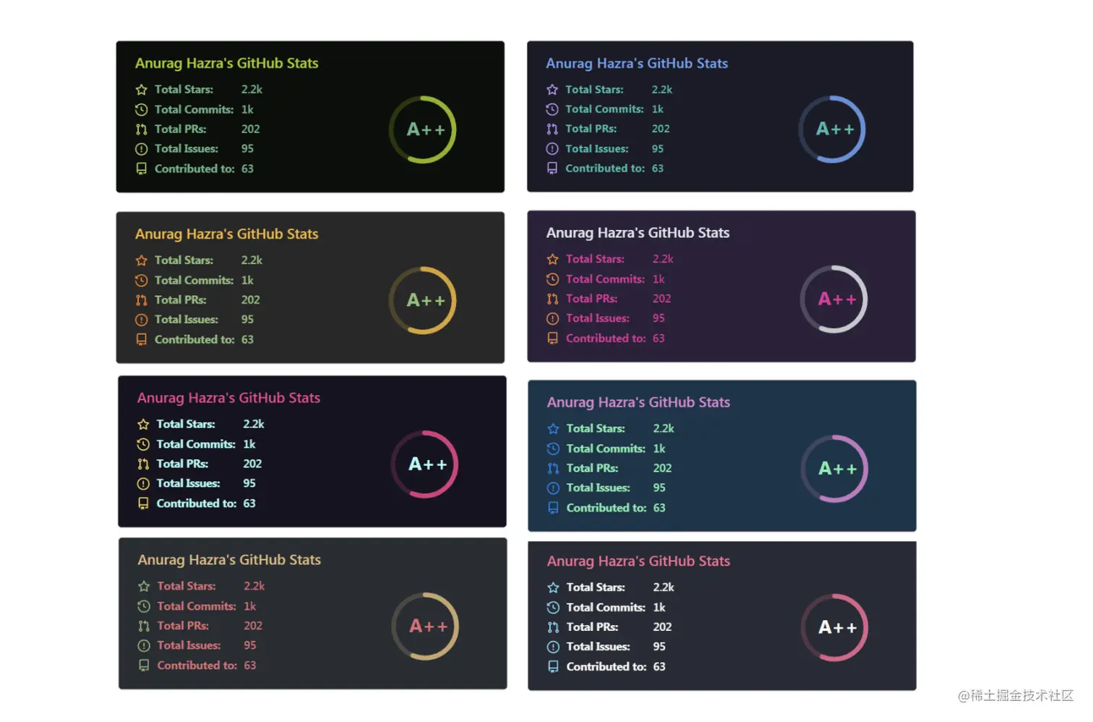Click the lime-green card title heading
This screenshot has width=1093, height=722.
226,64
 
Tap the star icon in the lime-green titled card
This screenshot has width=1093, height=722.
141,90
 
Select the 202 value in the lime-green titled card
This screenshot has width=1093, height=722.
250,129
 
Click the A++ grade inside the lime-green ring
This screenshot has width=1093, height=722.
425,129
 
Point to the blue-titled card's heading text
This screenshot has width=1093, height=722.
636,64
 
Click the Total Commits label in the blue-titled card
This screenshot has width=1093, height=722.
604,109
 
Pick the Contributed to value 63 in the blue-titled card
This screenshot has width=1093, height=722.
657,169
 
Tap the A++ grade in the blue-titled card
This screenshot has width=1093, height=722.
834,129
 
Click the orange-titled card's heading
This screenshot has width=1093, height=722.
226,234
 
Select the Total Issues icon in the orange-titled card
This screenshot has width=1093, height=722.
141,320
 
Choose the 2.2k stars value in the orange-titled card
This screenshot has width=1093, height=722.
252,260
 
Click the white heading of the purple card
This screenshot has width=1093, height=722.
638,233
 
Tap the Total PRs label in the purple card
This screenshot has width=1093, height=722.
591,299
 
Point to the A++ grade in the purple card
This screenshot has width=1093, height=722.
836,300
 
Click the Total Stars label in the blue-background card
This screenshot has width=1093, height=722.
596,429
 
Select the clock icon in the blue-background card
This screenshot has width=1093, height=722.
553,449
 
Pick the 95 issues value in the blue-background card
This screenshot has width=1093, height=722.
659,488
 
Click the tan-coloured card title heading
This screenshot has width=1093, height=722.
229,560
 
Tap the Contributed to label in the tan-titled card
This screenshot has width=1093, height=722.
197,666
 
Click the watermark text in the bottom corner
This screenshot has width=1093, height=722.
1015,696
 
